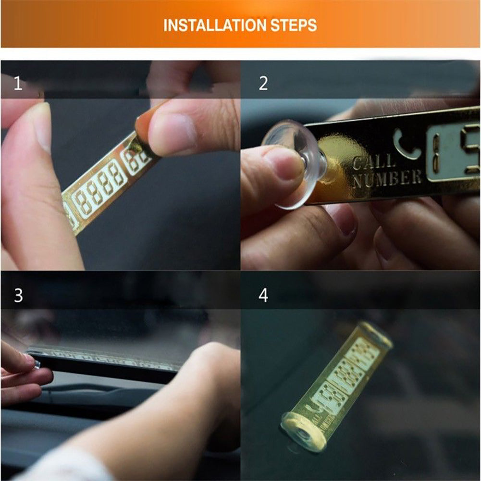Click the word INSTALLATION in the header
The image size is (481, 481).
pyautogui.click(x=211, y=25)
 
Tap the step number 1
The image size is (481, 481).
pyautogui.click(x=18, y=84)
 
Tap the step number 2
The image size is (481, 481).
pyautogui.click(x=263, y=84)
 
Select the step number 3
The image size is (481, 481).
pyautogui.click(x=18, y=295)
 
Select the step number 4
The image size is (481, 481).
pyautogui.click(x=263, y=295)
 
